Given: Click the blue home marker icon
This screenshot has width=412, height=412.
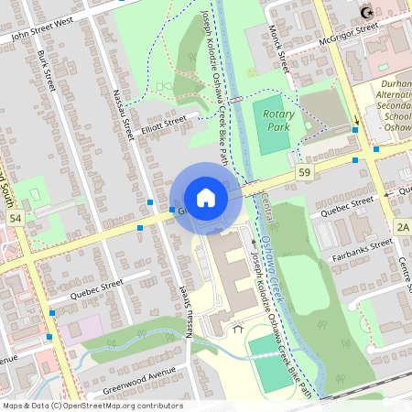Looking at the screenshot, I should coord(206,198).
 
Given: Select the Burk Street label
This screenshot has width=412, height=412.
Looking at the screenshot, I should coord(46,68).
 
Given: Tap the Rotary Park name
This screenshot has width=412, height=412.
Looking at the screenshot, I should coord(278,119).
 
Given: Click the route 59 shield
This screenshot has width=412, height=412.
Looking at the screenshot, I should coord(304,172).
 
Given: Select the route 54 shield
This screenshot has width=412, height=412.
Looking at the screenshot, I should coord(15,220).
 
